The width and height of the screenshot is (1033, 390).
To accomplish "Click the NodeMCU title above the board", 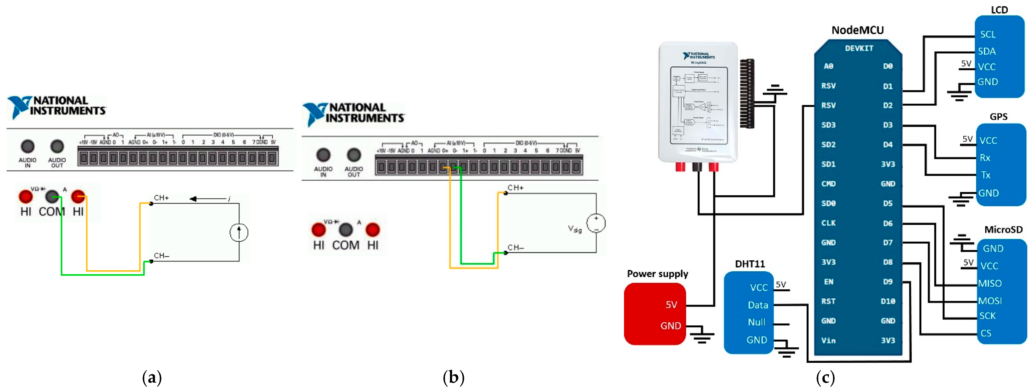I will tap(857, 30).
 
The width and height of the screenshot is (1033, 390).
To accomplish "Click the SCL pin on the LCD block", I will tap(988, 35).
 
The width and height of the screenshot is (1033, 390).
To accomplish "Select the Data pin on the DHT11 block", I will tap(758, 305).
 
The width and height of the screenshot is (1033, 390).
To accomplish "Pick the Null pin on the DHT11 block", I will tap(756, 322).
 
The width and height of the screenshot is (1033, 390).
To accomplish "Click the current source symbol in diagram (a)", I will tap(239, 232).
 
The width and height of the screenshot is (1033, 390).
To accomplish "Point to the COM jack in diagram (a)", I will tap(52, 197).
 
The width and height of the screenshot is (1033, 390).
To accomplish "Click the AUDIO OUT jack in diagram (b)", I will tap(354, 155).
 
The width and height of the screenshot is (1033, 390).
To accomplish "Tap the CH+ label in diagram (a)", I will tap(161, 198).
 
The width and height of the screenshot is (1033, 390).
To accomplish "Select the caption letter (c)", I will tap(825, 378).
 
